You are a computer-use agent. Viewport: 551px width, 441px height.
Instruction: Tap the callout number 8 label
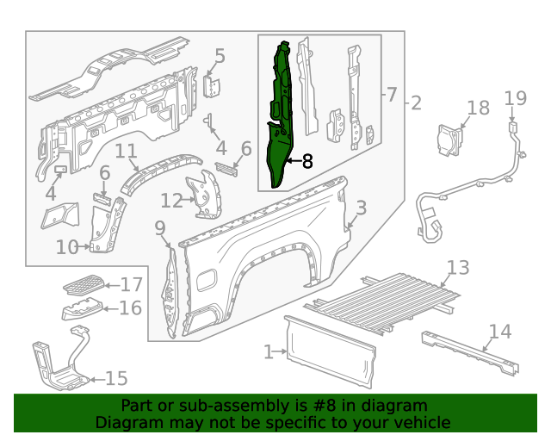point(307,160)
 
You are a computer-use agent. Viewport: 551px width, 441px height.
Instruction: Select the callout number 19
point(515,98)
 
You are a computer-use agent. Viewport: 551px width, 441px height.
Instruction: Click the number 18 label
point(478,108)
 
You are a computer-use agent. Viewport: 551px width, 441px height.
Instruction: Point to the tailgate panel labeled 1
point(331,352)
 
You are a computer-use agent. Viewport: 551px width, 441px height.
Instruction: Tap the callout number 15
point(116,378)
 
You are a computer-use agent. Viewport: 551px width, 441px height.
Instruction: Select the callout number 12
point(171,201)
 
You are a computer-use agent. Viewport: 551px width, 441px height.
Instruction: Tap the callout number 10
point(67,247)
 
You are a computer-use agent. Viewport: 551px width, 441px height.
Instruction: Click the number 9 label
point(159,227)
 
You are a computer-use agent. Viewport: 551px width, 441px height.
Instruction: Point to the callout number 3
point(362,208)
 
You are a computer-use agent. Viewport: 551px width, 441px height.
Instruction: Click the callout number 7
point(392,94)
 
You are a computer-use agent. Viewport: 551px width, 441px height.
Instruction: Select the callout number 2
point(416,103)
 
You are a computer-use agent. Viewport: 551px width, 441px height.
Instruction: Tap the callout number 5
point(220,57)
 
